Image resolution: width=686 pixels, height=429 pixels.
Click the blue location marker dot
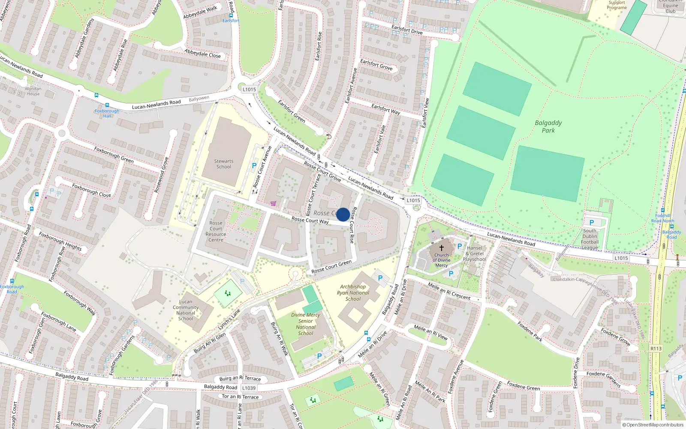point(343,214)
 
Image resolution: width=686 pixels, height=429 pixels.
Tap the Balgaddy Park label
point(548,127)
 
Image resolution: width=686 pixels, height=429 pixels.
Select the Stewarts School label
point(224,164)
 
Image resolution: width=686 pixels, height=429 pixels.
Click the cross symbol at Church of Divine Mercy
point(441,248)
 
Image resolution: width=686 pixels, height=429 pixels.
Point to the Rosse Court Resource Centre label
point(216,232)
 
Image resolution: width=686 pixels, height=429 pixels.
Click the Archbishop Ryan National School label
point(353,293)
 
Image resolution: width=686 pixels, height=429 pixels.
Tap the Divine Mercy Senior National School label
point(305,324)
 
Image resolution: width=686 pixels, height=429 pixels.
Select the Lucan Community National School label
point(186,310)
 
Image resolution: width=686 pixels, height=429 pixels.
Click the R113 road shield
point(656,348)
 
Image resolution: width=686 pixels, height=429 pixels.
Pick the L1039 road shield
point(249,388)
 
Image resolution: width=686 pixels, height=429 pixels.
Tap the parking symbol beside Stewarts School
point(254,166)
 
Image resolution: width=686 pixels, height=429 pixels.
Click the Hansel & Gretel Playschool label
point(475,254)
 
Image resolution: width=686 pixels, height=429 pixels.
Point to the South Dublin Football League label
point(590,239)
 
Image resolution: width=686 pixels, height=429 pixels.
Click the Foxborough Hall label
point(107,113)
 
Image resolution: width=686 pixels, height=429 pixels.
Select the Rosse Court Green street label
point(331,266)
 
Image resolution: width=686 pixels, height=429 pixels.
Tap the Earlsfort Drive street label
point(407,30)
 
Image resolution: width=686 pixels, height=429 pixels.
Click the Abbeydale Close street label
point(202,54)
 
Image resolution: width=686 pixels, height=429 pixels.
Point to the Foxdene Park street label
point(530,332)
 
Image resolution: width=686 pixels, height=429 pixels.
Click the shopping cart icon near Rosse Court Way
point(273,203)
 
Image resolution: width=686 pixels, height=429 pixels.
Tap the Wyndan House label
point(33,91)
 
